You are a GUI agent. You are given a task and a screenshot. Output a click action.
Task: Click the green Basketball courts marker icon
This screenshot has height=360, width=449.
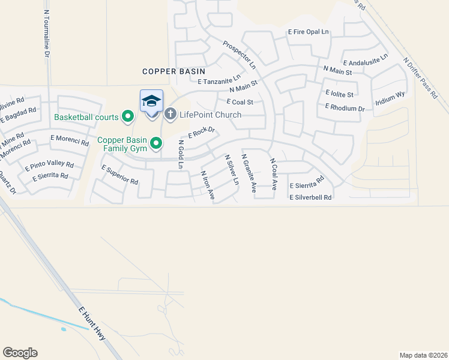tap(127, 116)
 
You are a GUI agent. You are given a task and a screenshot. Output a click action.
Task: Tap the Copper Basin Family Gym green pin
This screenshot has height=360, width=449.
tap(156, 143)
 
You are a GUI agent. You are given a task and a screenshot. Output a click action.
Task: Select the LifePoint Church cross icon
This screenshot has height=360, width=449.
tap(170, 113)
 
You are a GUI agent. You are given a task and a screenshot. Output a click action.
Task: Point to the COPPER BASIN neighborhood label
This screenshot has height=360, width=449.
tap(174, 71)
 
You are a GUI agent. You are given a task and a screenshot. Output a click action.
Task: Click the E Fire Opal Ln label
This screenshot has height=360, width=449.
tap(309, 31)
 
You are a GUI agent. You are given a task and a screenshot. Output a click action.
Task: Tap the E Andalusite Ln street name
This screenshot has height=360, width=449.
tap(365, 59)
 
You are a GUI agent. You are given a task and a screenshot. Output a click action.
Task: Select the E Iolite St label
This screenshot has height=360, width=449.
tap(339, 94)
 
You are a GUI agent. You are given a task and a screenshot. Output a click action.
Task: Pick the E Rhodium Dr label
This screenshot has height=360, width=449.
tap(345, 107)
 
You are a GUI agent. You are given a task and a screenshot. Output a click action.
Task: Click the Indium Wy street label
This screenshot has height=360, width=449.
tap(391, 99)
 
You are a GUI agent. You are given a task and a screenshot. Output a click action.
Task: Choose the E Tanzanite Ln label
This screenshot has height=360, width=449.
tap(218, 79)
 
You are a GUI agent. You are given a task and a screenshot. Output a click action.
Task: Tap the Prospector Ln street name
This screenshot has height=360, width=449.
tap(239, 54)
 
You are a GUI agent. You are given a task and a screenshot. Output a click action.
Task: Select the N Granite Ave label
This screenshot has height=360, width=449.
tap(249, 173)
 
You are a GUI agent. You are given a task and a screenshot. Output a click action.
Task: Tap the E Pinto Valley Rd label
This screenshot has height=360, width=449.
tap(49, 165)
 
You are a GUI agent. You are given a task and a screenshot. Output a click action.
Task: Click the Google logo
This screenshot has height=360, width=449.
tap(20, 353)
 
